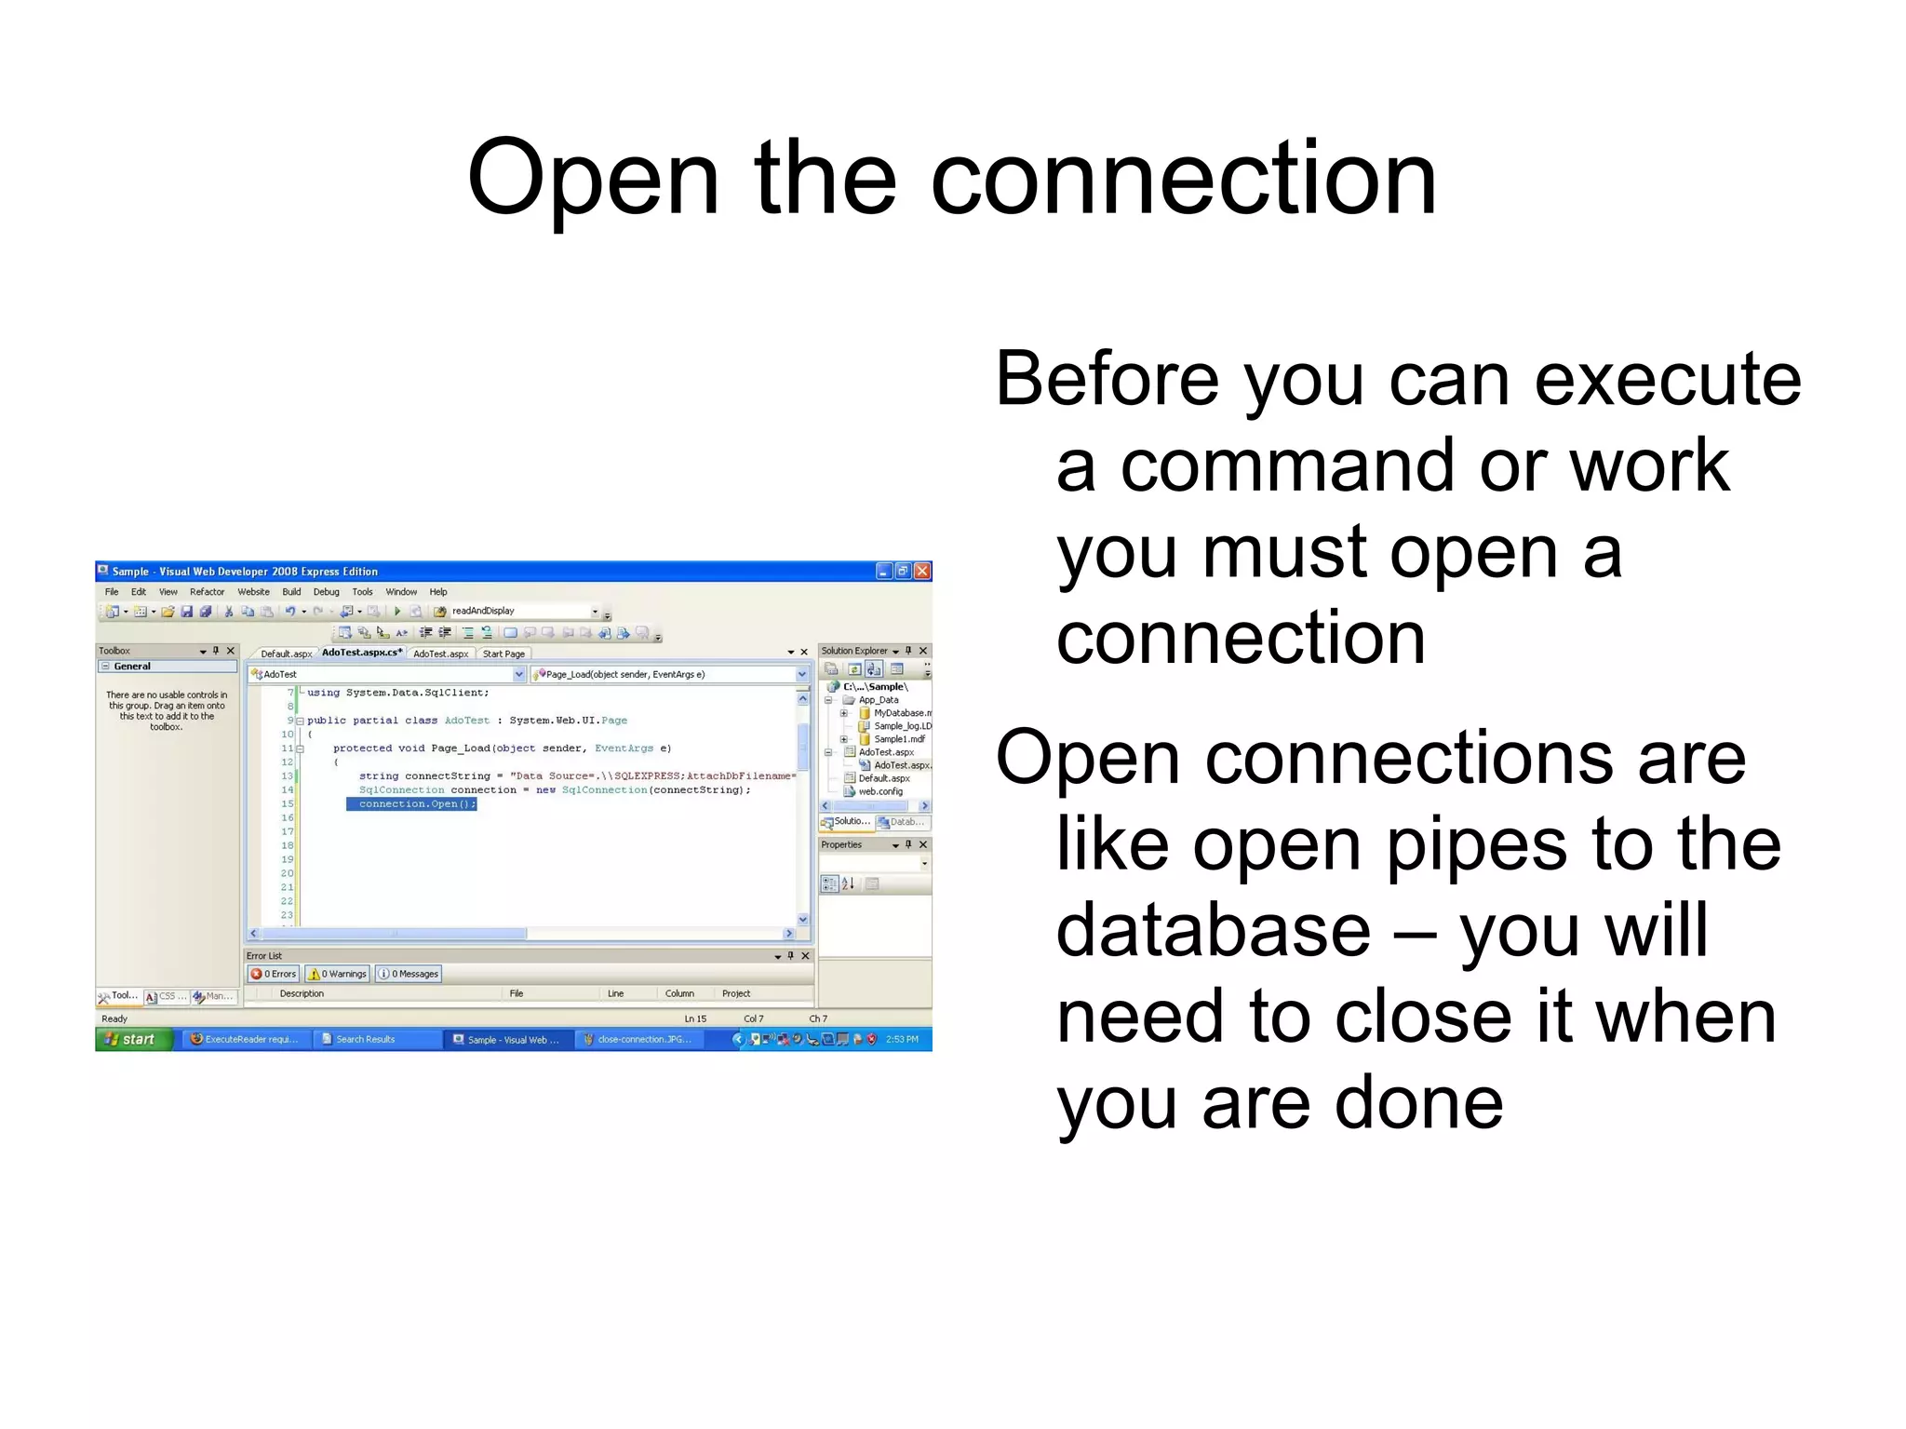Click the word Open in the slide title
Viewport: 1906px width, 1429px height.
pyautogui.click(x=593, y=179)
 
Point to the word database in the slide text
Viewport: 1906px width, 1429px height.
pyautogui.click(x=1213, y=931)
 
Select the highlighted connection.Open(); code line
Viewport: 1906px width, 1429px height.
pyautogui.click(x=411, y=804)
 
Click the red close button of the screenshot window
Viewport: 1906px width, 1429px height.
pyautogui.click(x=921, y=571)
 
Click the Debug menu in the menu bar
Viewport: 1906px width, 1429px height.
pyautogui.click(x=326, y=592)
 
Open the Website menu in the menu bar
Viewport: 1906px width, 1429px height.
pyautogui.click(x=253, y=592)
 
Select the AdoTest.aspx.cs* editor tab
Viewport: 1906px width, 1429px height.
pyautogui.click(x=361, y=653)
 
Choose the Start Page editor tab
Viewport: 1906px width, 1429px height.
pyautogui.click(x=503, y=654)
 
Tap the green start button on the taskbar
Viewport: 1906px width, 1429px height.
pyautogui.click(x=133, y=1039)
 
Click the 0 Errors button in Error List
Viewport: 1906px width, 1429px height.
pyautogui.click(x=274, y=974)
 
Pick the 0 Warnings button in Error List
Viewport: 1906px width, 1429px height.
pyautogui.click(x=338, y=974)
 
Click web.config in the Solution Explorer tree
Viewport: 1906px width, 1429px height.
pyautogui.click(x=880, y=791)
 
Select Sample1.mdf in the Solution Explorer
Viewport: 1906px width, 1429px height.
pyautogui.click(x=899, y=739)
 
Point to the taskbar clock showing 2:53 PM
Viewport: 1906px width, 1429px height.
pyautogui.click(x=902, y=1039)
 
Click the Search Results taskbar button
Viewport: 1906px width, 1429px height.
pyautogui.click(x=365, y=1039)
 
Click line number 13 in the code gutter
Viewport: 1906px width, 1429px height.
pyautogui.click(x=287, y=775)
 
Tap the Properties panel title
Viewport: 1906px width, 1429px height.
pyautogui.click(x=841, y=844)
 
